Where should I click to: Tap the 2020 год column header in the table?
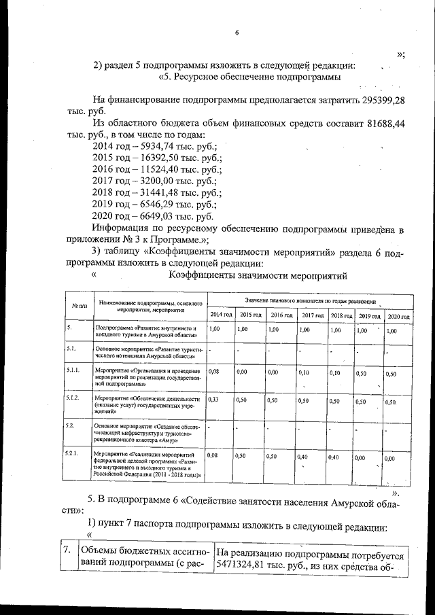[x=398, y=316]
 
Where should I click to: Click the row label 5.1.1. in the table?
[x=74, y=371]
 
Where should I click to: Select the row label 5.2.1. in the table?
[x=74, y=453]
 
